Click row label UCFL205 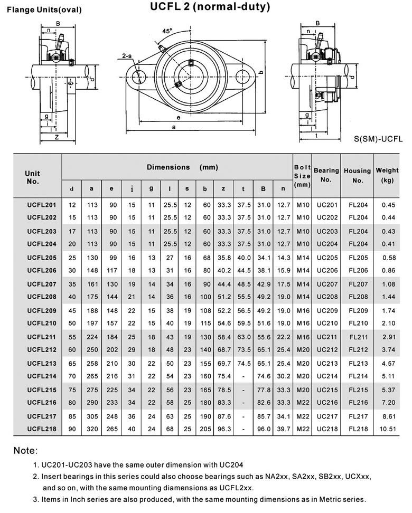coord(42,258)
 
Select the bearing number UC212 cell coord(326,350)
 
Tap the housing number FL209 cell coord(358,310)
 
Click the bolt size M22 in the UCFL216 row coord(303,403)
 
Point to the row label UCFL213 coord(42,363)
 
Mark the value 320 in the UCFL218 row coord(92,429)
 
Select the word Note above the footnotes coord(25,451)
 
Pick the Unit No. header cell coord(33,177)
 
